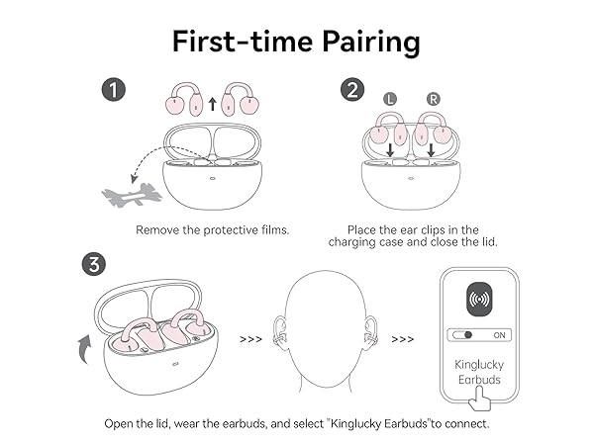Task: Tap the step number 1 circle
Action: pyautogui.click(x=116, y=90)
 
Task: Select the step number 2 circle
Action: pyautogui.click(x=351, y=90)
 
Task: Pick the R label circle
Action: pyautogui.click(x=433, y=100)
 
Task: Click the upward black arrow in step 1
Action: pyautogui.click(x=213, y=101)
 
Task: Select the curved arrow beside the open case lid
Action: pyautogui.click(x=84, y=347)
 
